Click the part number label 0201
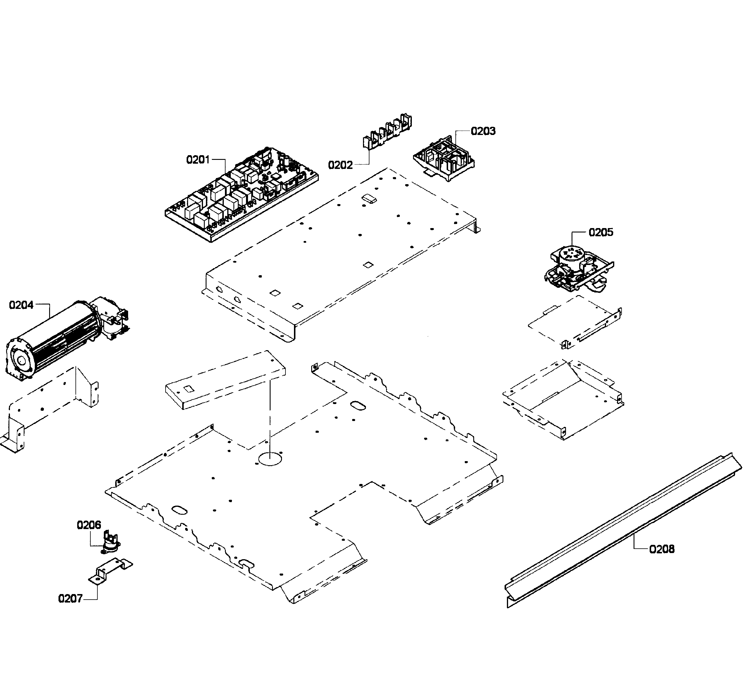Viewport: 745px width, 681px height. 198,160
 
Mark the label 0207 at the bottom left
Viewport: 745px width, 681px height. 70,598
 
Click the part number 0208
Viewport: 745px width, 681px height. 661,549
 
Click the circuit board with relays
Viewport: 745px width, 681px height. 242,194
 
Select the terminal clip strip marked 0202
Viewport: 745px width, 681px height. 386,135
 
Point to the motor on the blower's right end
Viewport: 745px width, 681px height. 111,322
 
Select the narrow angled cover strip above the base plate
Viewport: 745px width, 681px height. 226,381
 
